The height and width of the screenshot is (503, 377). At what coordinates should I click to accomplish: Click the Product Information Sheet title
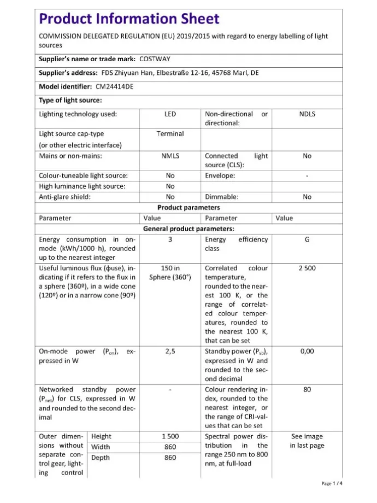(x=129, y=19)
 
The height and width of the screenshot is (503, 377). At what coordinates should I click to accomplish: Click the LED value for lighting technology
(x=170, y=114)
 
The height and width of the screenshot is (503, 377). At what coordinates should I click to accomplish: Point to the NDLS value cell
(x=307, y=114)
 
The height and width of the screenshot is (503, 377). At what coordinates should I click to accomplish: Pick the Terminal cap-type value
(x=170, y=134)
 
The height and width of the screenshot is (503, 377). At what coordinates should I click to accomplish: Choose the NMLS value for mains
(x=170, y=156)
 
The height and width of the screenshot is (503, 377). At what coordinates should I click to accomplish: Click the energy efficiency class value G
(x=307, y=239)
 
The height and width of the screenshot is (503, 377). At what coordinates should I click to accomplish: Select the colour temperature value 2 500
(x=307, y=268)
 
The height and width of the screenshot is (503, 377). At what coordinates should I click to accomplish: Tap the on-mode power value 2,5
(x=170, y=352)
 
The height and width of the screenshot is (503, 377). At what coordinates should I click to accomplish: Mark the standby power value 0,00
(x=307, y=352)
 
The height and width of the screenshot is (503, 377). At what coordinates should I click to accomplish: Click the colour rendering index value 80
(x=307, y=390)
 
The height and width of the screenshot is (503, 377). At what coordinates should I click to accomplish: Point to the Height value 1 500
(x=170, y=437)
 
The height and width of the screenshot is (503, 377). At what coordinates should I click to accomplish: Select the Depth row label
(x=101, y=458)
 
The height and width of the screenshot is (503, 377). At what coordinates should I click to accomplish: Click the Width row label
(x=101, y=447)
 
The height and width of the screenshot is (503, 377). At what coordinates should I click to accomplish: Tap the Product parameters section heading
(x=188, y=208)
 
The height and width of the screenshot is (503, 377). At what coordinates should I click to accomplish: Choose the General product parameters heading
(x=188, y=229)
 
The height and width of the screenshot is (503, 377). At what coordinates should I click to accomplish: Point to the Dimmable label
(x=221, y=197)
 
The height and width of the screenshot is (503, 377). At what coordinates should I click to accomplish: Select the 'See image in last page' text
(x=307, y=441)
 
